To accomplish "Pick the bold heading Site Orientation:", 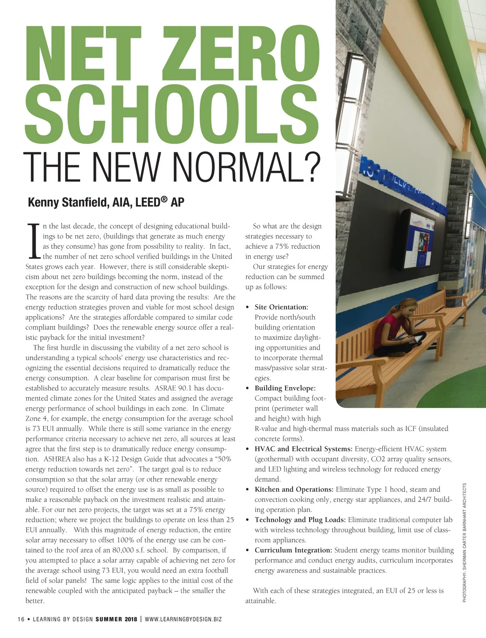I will click(x=281, y=307).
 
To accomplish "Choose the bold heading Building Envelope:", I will click(x=285, y=388).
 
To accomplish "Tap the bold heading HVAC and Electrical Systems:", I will click(x=304, y=449).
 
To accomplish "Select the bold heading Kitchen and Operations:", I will click(x=294, y=489).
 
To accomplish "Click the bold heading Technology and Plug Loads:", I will click(x=300, y=520).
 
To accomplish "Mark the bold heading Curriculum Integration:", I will click(x=293, y=550).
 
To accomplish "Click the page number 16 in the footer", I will click(x=21, y=619).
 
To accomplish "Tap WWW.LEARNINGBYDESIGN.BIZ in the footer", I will click(x=183, y=619).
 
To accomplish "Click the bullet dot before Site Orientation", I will click(x=247, y=307).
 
